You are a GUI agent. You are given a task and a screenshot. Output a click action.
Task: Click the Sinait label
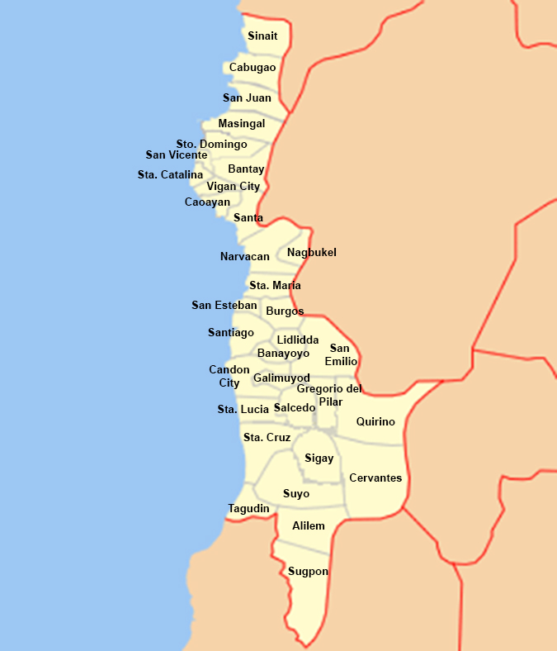[x=262, y=36]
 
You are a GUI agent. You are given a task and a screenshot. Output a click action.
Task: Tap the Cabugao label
[x=253, y=68]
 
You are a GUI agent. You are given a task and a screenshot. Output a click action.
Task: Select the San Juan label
[x=247, y=98]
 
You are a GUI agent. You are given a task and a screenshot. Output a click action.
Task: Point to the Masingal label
[x=242, y=124]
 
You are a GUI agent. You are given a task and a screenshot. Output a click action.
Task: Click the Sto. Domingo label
[x=211, y=145]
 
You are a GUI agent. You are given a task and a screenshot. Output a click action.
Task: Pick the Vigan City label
[x=233, y=187]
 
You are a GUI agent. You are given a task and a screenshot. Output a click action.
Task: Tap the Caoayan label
[x=207, y=202]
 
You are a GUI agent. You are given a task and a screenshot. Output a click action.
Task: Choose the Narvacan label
[x=244, y=257]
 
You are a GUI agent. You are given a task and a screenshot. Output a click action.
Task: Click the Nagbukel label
[x=311, y=253]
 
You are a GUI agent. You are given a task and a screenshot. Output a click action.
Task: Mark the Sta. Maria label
[x=275, y=286]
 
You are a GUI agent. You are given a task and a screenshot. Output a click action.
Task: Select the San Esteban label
[x=224, y=306]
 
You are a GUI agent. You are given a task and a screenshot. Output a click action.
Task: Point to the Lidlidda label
[x=297, y=340]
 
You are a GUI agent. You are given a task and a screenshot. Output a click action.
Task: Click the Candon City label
[x=229, y=377]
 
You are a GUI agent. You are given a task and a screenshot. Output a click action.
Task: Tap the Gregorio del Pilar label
[x=329, y=395]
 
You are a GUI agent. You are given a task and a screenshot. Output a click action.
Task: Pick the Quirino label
[x=375, y=422]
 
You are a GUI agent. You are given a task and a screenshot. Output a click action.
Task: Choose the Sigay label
[x=319, y=459]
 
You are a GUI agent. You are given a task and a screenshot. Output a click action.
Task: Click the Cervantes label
[x=375, y=478]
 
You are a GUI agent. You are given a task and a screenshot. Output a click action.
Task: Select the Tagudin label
[x=248, y=509]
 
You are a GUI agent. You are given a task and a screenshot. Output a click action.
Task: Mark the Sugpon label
[x=308, y=572]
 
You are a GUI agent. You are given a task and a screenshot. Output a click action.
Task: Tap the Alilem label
[x=308, y=526]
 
